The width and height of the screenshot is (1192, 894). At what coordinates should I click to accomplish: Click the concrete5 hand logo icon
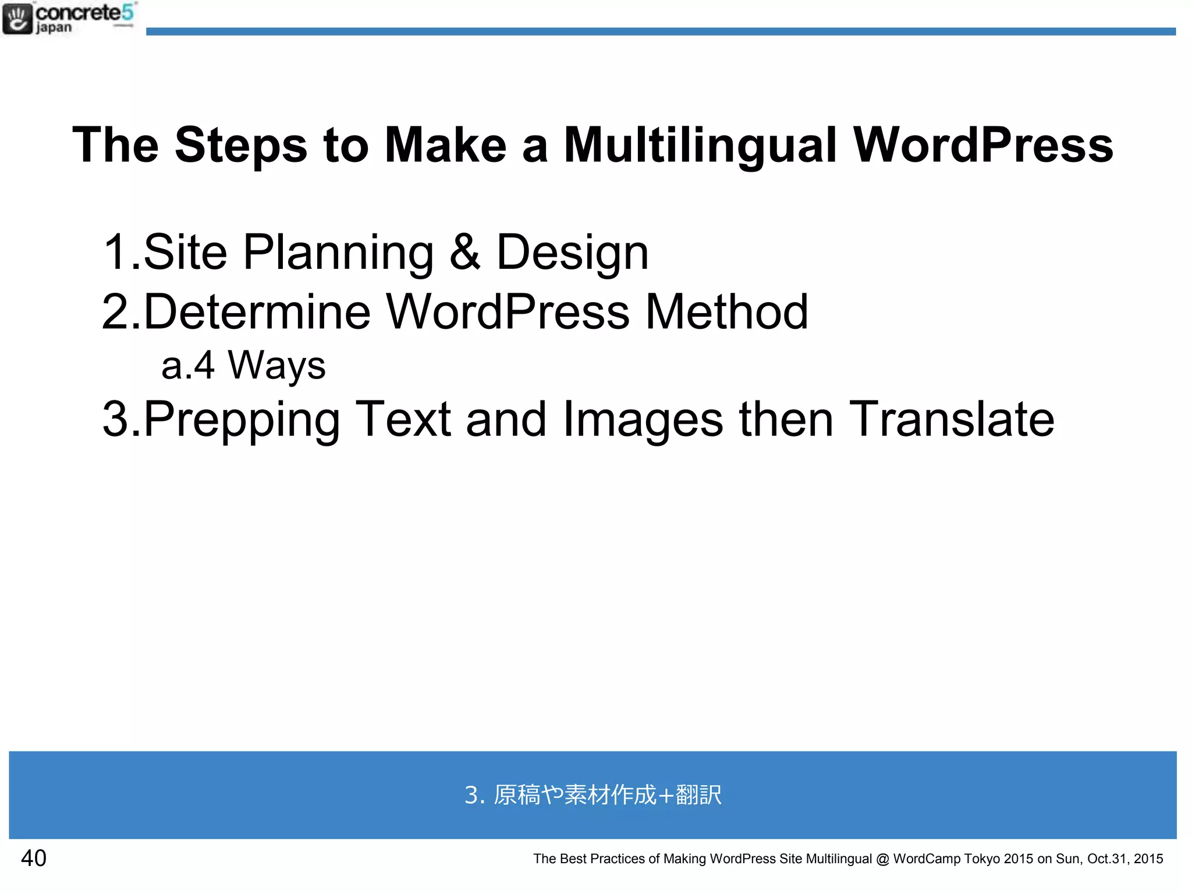[x=17, y=19]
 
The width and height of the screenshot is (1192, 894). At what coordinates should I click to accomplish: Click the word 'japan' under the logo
[x=54, y=28]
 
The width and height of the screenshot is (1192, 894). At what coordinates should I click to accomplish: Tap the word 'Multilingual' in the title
[x=700, y=146]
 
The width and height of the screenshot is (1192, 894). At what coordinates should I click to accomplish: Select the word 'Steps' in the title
[x=241, y=146]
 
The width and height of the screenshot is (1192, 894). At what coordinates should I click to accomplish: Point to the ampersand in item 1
[x=465, y=251]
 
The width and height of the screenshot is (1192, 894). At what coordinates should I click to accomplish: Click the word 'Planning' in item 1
[x=338, y=253]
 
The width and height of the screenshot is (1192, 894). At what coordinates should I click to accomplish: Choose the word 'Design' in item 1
[x=572, y=253]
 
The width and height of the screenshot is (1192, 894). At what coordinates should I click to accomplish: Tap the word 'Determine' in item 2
[x=257, y=312]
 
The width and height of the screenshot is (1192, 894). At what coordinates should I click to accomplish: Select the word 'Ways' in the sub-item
[x=276, y=366]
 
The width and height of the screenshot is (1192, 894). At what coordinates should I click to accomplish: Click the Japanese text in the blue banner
[x=593, y=794]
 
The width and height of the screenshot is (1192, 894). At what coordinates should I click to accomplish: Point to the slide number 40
[x=34, y=858]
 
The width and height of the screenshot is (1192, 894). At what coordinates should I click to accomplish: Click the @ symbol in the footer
[x=882, y=859]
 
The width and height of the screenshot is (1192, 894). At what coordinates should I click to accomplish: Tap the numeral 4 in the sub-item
[x=204, y=366]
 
